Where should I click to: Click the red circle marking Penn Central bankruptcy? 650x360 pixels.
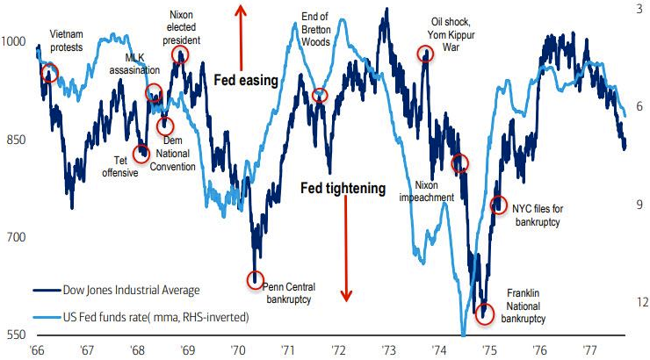tap(256, 280)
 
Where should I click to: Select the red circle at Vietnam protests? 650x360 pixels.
tap(49, 73)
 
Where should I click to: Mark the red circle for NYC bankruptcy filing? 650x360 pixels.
tap(498, 205)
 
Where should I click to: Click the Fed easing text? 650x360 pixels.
tap(246, 80)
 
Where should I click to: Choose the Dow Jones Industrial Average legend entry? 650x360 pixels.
tap(132, 289)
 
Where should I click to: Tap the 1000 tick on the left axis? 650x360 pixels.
tap(15, 41)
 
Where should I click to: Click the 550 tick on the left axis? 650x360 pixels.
tap(15, 335)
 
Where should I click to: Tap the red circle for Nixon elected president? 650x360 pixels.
tap(180, 54)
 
